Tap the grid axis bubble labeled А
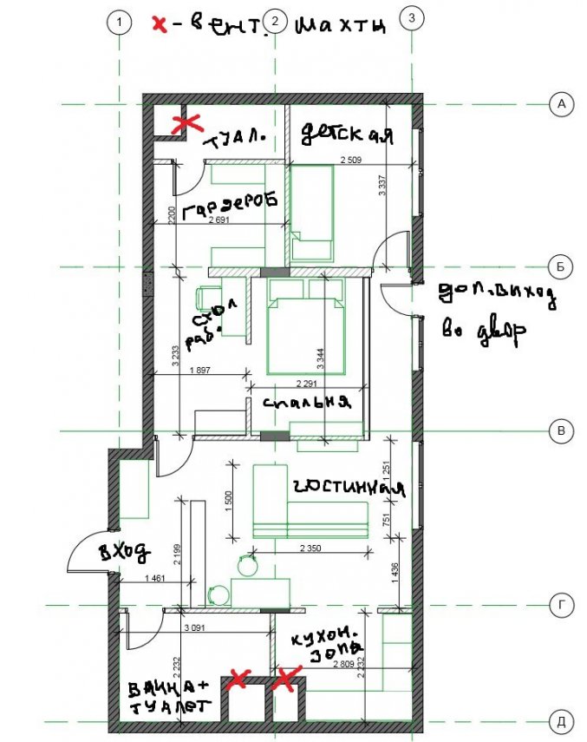(x=561, y=105)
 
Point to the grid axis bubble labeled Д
(x=561, y=720)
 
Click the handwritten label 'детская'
(x=348, y=135)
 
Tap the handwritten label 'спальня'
(x=308, y=402)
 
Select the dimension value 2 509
(x=351, y=160)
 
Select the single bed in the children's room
(x=311, y=213)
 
